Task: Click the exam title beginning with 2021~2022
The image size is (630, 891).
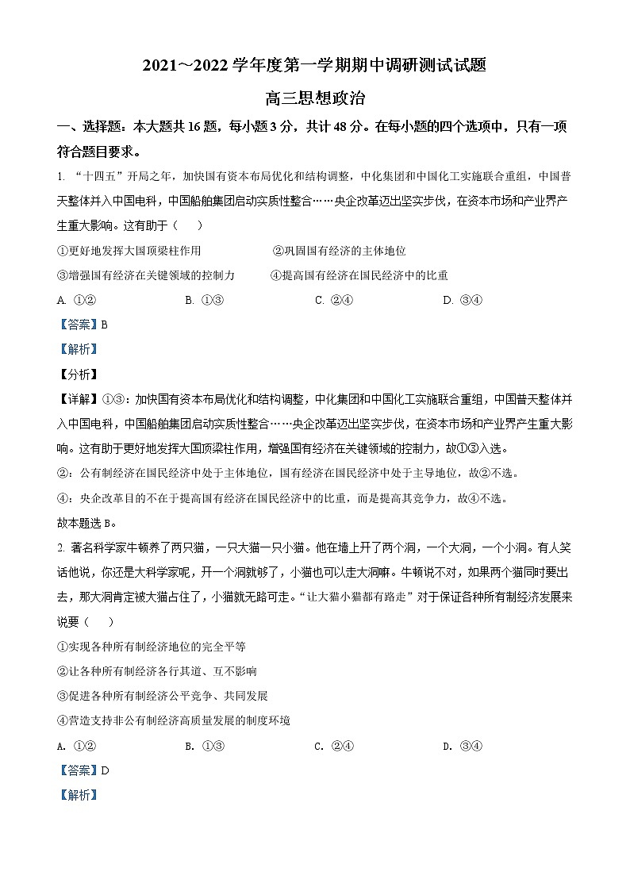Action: (314, 67)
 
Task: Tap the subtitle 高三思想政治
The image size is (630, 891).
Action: (315, 99)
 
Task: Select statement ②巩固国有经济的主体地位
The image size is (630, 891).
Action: (339, 251)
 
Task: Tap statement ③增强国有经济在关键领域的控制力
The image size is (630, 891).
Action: (146, 275)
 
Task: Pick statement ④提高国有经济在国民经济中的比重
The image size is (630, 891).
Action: (359, 275)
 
